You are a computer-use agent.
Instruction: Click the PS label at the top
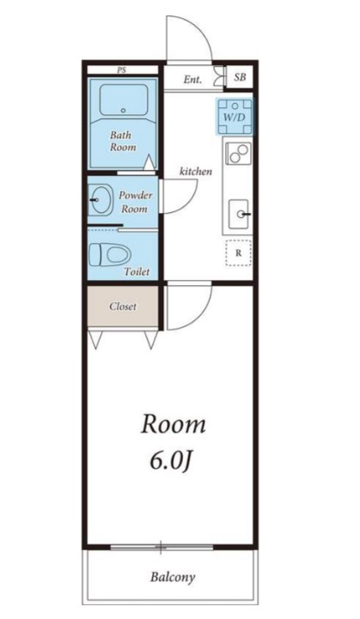(121, 70)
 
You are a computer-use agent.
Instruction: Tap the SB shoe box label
(240, 77)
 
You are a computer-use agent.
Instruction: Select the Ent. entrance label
(192, 79)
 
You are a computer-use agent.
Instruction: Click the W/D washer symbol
(235, 117)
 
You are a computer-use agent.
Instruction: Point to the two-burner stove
(238, 153)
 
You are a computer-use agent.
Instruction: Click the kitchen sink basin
(239, 214)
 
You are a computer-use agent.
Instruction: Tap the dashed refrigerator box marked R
(238, 252)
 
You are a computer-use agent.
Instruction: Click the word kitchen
(196, 172)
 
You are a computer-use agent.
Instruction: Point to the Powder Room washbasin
(100, 200)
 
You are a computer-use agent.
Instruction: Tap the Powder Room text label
(136, 202)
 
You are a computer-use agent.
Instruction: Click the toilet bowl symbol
(110, 254)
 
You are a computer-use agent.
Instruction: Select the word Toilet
(137, 271)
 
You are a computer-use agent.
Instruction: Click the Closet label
(123, 306)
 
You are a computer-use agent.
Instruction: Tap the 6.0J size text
(171, 460)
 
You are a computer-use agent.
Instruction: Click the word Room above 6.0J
(173, 424)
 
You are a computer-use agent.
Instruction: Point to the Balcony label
(173, 577)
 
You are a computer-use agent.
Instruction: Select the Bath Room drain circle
(123, 111)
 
